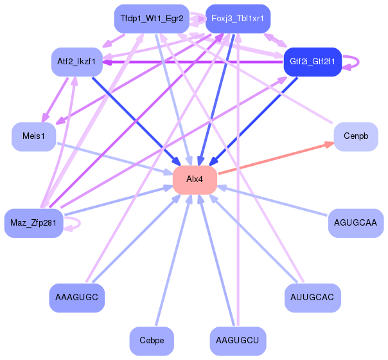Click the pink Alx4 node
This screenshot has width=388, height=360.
tap(194, 179)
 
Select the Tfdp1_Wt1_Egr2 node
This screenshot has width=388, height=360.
tap(152, 19)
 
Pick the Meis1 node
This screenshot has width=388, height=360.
tap(34, 136)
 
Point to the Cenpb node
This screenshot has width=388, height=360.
tap(355, 136)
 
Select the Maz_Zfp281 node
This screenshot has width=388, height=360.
tap(33, 223)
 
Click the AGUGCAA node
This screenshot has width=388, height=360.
tap(355, 223)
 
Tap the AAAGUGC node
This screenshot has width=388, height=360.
tap(76, 298)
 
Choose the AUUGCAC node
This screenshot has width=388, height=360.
tap(312, 298)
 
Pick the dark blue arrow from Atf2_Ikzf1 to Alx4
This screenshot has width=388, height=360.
tap(135, 120)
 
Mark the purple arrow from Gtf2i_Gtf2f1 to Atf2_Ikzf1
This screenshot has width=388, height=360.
tap(193, 62)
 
